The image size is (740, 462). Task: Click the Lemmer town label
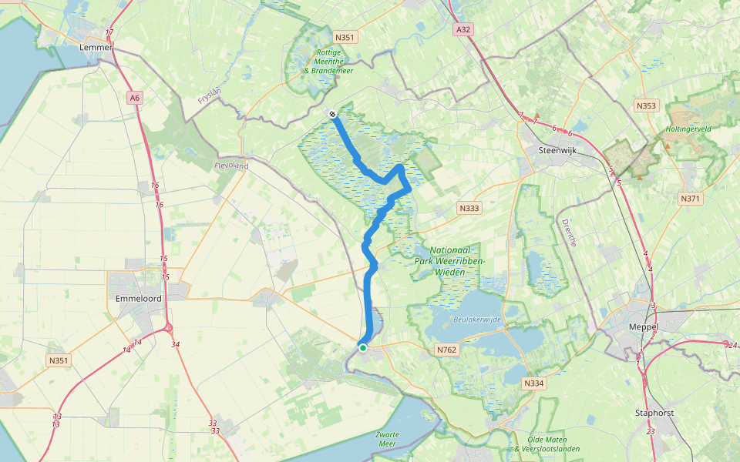tap(96, 47)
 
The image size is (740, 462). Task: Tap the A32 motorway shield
tap(462, 29)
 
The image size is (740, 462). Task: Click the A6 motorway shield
tap(136, 98)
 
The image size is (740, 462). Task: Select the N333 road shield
tap(469, 208)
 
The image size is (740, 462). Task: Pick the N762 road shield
tap(447, 349)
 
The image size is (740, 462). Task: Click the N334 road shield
tap(533, 383)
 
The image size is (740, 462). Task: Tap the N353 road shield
tap(646, 105)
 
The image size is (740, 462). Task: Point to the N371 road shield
tap(690, 199)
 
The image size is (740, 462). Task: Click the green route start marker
tap(363, 348)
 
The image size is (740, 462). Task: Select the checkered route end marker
tap(332, 114)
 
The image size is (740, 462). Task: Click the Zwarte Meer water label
tap(388, 440)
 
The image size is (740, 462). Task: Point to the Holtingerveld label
tap(688, 129)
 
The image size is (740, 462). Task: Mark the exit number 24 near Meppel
tap(732, 344)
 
